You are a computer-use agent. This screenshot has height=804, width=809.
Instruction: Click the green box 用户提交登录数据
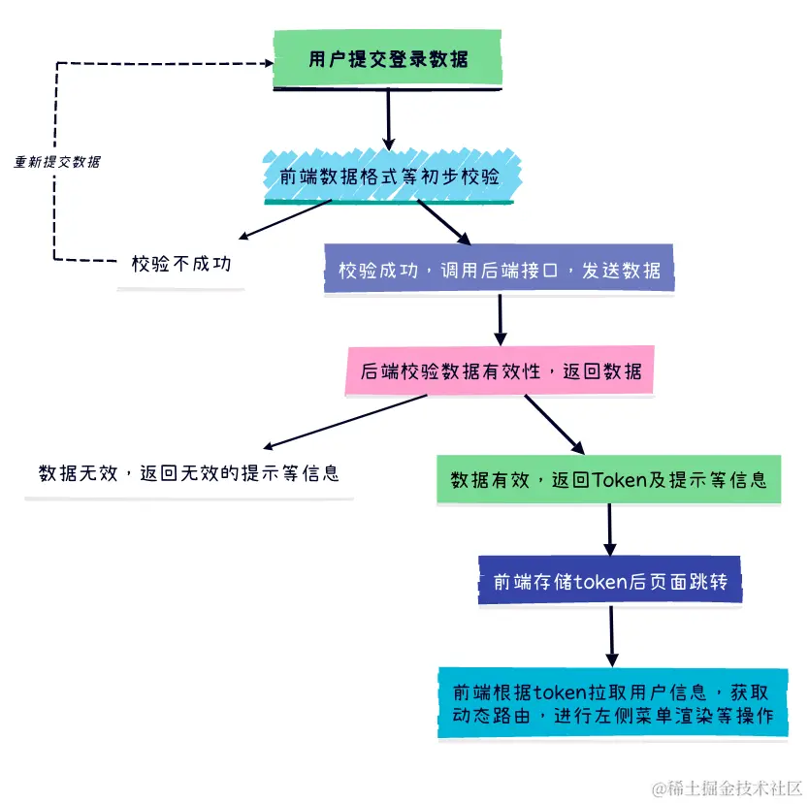click(x=388, y=59)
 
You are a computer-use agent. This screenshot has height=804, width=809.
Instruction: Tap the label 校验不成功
click(x=181, y=263)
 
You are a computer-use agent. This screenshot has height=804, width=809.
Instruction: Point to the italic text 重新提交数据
click(x=57, y=162)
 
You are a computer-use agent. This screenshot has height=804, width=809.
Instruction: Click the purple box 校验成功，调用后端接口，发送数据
click(x=500, y=270)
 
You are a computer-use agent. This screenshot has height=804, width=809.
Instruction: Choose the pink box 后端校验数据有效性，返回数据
click(x=500, y=371)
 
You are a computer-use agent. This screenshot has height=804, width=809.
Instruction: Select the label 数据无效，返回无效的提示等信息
click(x=188, y=473)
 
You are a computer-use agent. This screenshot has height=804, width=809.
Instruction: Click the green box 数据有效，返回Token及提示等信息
click(x=608, y=479)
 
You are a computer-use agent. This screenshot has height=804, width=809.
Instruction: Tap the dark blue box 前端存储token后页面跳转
click(x=608, y=580)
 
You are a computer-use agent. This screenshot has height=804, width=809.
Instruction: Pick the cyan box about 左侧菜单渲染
click(x=612, y=704)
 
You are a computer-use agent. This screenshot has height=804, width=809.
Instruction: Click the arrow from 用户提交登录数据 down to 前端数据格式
click(x=388, y=117)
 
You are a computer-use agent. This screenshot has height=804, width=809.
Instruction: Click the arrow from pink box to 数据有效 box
click(x=554, y=425)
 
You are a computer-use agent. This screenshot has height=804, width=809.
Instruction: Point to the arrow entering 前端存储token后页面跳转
click(x=610, y=530)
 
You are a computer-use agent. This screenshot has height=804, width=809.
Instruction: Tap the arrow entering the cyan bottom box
click(x=612, y=635)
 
